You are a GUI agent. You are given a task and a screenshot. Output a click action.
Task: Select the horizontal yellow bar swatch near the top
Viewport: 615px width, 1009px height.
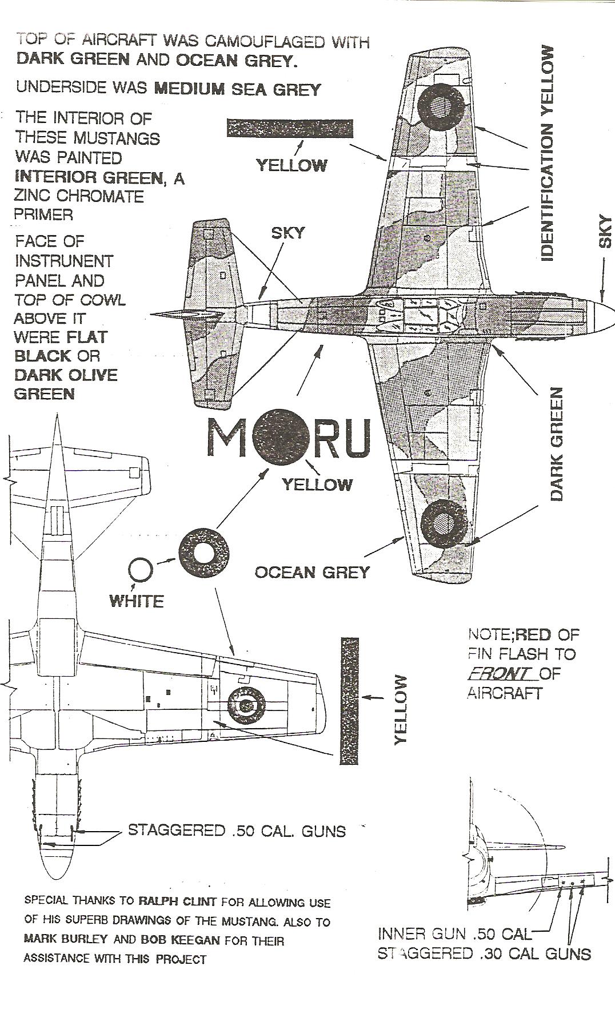coord(290,128)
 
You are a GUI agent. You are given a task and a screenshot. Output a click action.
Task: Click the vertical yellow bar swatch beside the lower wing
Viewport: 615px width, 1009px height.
coord(349,701)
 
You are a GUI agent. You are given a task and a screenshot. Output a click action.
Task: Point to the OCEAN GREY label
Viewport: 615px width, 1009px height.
coord(312,572)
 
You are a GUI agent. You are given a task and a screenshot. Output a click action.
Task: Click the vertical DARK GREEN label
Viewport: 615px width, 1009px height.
coord(557,444)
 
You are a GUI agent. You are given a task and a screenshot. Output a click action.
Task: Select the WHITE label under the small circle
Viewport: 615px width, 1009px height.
coord(137,601)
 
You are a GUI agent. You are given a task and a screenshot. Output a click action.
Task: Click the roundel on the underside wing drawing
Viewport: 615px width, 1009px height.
coord(247,705)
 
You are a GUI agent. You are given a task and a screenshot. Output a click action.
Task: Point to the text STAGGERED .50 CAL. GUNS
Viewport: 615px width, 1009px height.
coord(237,831)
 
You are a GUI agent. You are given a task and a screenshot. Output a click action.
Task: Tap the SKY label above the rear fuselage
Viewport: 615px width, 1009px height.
coord(287,233)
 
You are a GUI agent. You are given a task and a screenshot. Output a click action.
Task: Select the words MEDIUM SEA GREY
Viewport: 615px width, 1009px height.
coord(238,89)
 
